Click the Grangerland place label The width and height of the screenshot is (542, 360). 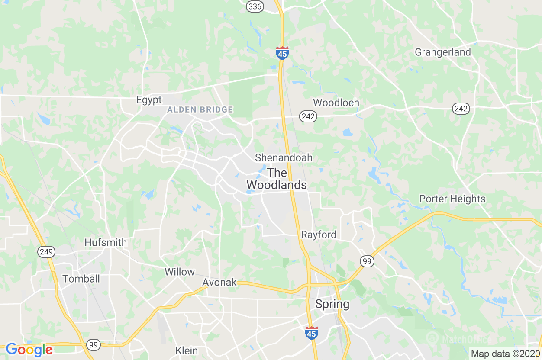tap(442, 52)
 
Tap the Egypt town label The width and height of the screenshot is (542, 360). tap(149, 100)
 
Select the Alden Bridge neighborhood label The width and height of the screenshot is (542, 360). tap(200, 110)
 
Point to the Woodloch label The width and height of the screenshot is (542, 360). tap(336, 103)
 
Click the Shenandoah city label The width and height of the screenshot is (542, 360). tap(284, 158)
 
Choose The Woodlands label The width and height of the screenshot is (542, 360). tap(277, 179)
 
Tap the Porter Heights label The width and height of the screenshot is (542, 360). tap(452, 199)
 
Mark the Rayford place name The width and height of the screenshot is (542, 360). tap(319, 235)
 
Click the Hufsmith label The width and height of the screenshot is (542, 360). tap(106, 243)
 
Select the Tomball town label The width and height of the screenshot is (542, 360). tap(81, 279)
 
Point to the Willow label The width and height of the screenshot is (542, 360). tap(180, 272)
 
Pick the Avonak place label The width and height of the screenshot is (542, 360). tap(219, 283)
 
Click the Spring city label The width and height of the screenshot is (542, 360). tap(332, 304)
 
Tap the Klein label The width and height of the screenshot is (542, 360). tap(187, 350)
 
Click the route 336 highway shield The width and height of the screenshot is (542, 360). tap(255, 6)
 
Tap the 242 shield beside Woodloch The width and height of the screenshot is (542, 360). tap(308, 116)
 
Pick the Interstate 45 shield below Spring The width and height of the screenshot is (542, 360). tap(311, 333)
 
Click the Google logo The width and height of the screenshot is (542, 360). tap(29, 350)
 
